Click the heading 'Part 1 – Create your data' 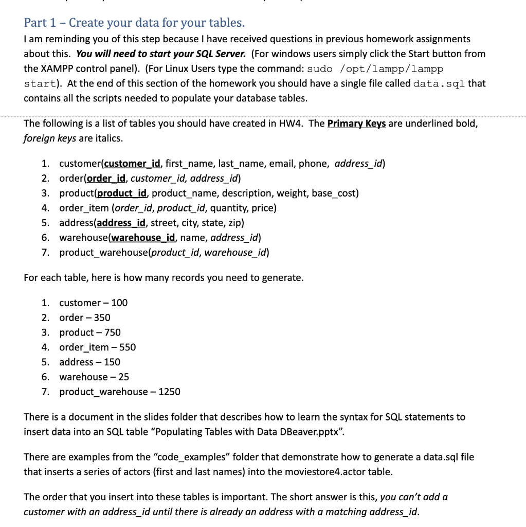pyautogui.click(x=134, y=23)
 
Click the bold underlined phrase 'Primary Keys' pyautogui.click(x=356, y=124)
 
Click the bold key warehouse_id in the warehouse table pyautogui.click(x=143, y=238)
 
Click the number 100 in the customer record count pyautogui.click(x=119, y=303)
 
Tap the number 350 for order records pyautogui.click(x=102, y=318)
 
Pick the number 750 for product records pyautogui.click(x=112, y=333)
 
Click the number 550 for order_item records pyautogui.click(x=128, y=347)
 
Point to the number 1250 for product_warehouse pyautogui.click(x=169, y=392)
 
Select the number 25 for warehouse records pyautogui.click(x=123, y=377)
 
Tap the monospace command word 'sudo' pyautogui.click(x=320, y=69)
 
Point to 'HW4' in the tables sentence pyautogui.click(x=293, y=124)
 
